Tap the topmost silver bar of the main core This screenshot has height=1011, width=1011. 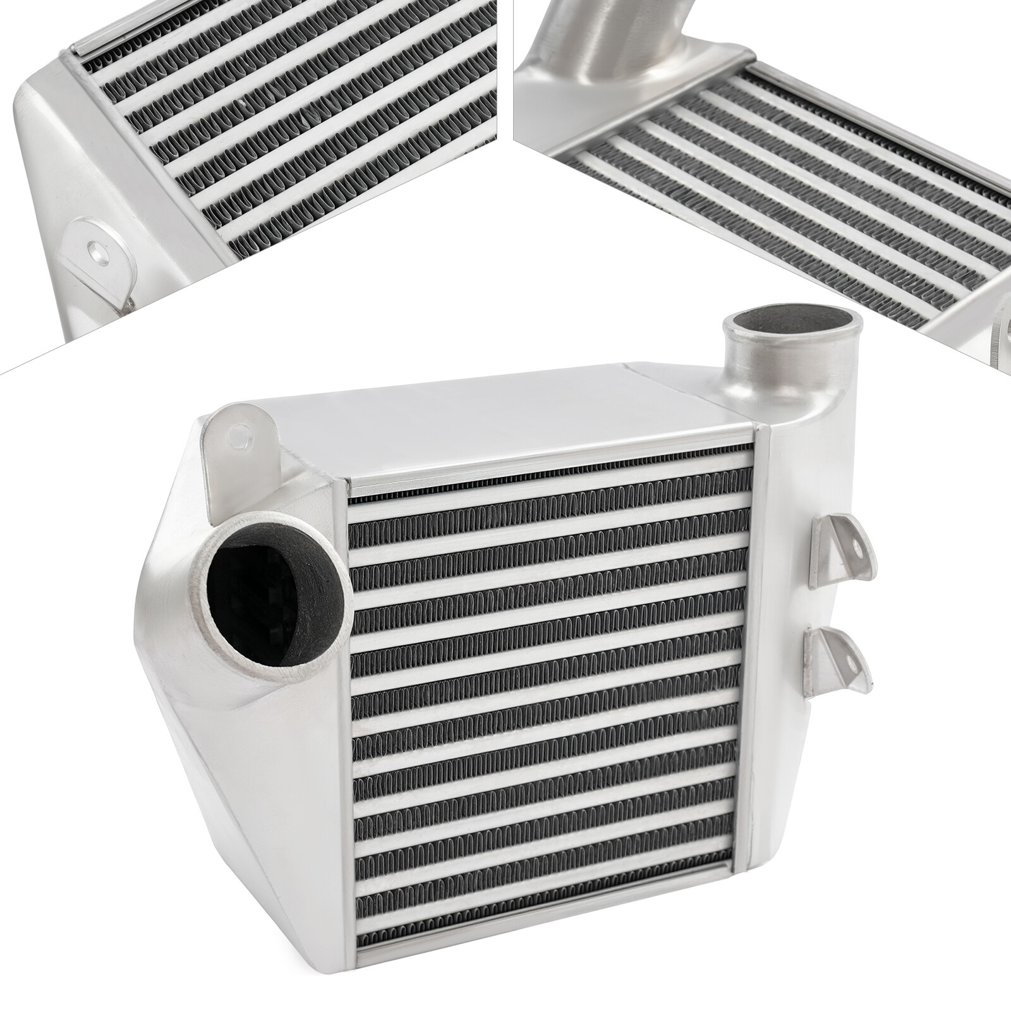coord(550,483)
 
